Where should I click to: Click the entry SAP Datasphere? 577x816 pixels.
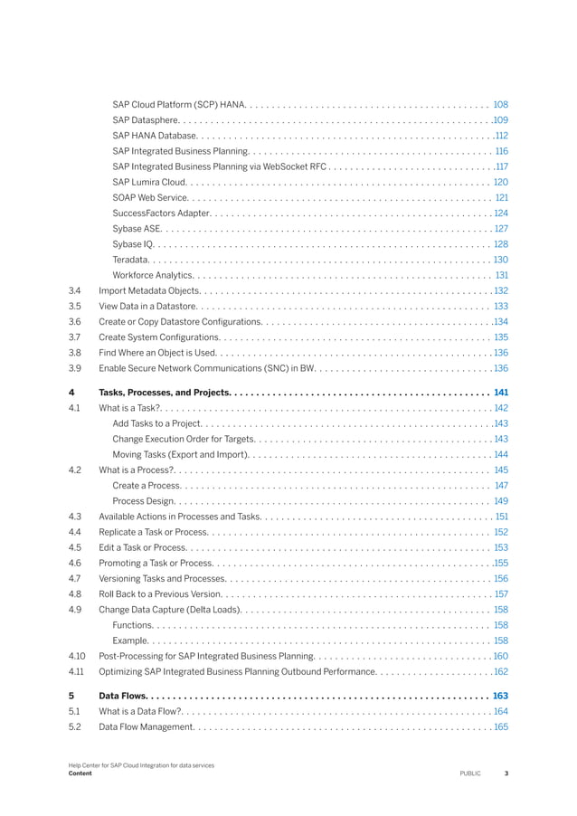tap(146, 119)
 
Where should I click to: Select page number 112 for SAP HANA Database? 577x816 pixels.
tap(500, 135)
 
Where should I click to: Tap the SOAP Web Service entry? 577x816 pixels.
tap(150, 197)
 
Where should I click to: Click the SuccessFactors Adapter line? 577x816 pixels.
tap(161, 213)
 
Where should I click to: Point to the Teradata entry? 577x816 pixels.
tap(131, 260)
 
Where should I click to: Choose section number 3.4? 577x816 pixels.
tap(75, 290)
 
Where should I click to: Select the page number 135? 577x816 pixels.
tap(500, 337)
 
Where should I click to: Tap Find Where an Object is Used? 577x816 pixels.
tap(157, 352)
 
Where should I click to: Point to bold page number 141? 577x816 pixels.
tap(500, 392)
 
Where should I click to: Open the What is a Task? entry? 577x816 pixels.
tap(129, 408)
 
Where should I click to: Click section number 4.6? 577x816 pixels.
tap(75, 563)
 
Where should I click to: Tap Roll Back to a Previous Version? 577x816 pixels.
tap(159, 593)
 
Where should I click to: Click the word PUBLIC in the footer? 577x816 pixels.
tap(470, 773)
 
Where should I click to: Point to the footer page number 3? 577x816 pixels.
tap(506, 773)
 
